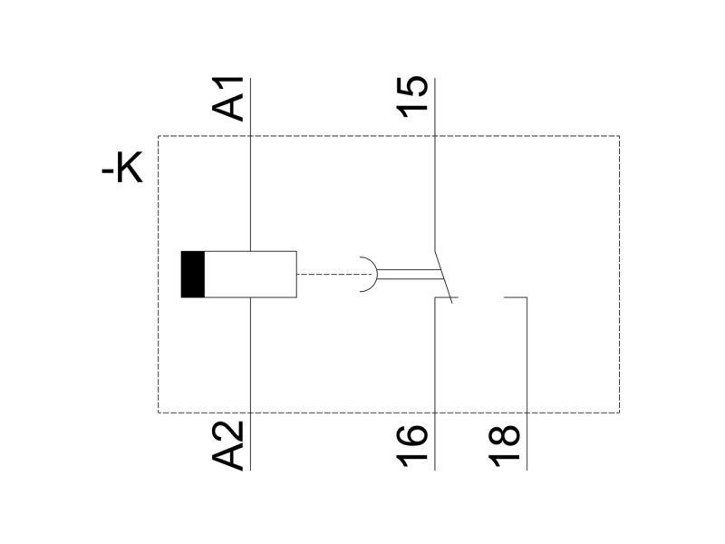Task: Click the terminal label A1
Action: click(227, 99)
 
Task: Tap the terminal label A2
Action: click(227, 445)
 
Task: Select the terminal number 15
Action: click(412, 97)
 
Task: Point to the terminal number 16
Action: click(412, 446)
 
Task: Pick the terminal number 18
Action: click(505, 446)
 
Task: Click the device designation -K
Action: click(122, 168)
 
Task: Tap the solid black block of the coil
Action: click(192, 275)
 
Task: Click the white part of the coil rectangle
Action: click(250, 275)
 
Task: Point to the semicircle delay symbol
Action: click(376, 275)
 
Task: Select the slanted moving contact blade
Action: click(443, 277)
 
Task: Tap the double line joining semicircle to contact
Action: click(409, 275)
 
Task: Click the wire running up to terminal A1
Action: click(250, 165)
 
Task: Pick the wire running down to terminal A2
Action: click(250, 384)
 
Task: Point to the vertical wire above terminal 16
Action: click(435, 384)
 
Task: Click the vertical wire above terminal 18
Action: click(527, 384)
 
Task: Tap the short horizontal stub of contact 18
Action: click(515, 297)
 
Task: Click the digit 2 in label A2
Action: click(227, 432)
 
